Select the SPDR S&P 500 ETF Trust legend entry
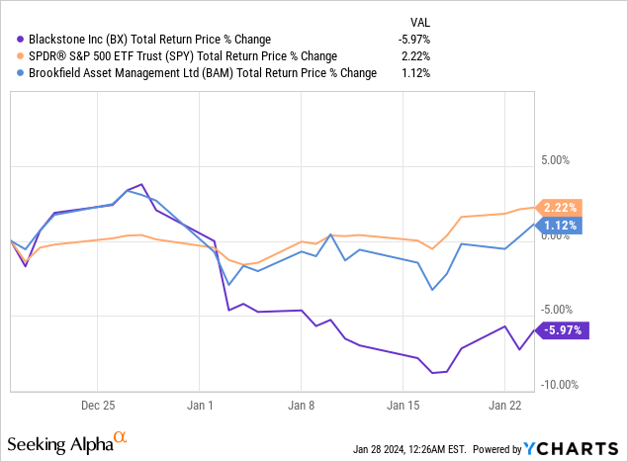tap(179, 55)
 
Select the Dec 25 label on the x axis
tap(99, 405)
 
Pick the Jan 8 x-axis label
tap(303, 405)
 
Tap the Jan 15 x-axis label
tap(404, 405)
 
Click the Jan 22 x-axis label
tap(505, 405)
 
